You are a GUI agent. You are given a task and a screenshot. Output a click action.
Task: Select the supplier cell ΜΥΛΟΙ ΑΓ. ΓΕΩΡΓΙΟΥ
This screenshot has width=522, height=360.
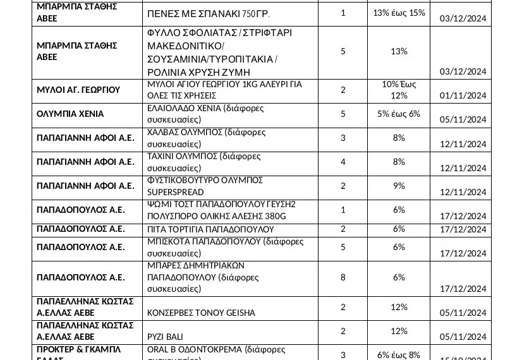pyautogui.click(x=78, y=90)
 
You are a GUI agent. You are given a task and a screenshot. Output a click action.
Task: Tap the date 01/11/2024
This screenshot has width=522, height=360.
pyautogui.click(x=463, y=96)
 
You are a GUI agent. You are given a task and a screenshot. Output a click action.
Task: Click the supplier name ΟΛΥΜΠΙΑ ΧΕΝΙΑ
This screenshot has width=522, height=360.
pyautogui.click(x=70, y=114)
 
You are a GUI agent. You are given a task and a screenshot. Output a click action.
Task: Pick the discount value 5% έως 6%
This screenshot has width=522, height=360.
pyautogui.click(x=399, y=114)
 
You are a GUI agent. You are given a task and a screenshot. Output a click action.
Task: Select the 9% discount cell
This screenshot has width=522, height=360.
pyautogui.click(x=399, y=186)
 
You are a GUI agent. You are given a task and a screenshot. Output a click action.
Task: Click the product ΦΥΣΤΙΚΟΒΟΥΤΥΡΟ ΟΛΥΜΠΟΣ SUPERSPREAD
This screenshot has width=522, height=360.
pyautogui.click(x=205, y=186)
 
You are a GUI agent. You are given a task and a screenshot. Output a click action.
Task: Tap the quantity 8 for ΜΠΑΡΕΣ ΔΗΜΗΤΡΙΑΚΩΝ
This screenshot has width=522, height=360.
pyautogui.click(x=343, y=277)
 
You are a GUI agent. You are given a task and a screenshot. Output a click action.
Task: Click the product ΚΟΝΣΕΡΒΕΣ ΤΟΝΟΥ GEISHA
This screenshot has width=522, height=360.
pyautogui.click(x=201, y=313)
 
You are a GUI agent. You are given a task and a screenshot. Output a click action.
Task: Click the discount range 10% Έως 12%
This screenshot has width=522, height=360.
pyautogui.click(x=399, y=90)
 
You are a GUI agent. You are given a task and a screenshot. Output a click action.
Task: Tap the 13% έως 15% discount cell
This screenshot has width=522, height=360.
pyautogui.click(x=399, y=13)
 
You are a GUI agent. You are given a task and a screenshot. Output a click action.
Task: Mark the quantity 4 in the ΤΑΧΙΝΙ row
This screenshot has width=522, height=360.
pyautogui.click(x=343, y=162)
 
